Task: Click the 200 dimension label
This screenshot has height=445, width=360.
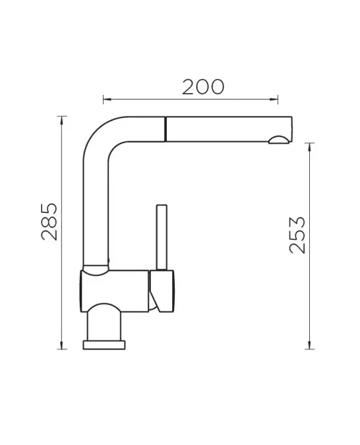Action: pyautogui.click(x=203, y=87)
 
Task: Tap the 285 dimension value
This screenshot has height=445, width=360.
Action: pyautogui.click(x=49, y=222)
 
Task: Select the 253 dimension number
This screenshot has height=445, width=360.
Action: pyautogui.click(x=297, y=235)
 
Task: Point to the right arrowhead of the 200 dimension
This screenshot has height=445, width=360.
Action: pyautogui.click(x=274, y=100)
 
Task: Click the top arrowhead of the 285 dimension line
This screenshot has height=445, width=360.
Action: pyautogui.click(x=61, y=120)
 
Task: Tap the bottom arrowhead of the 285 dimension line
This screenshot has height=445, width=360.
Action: pyautogui.click(x=61, y=345)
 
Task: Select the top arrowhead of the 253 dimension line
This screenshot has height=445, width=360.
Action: pyautogui.click(x=309, y=147)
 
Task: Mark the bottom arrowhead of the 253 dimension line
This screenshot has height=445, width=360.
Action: pyautogui.click(x=309, y=345)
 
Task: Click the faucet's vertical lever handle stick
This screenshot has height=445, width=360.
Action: pyautogui.click(x=162, y=237)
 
